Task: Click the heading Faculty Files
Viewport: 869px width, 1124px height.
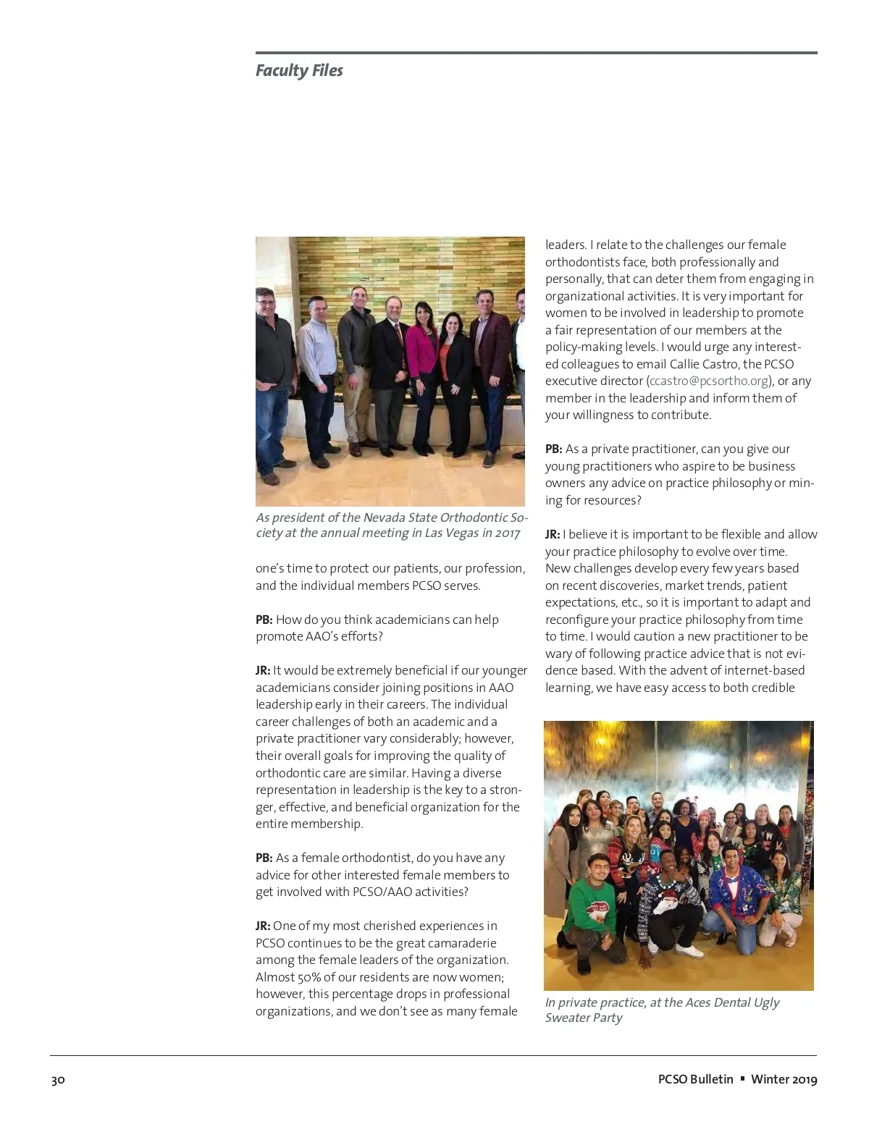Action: (299, 71)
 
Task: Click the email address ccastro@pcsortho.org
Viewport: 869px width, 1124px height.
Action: (709, 381)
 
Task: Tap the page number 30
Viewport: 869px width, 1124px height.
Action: (58, 1080)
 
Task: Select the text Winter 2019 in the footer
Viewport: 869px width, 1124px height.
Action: (784, 1080)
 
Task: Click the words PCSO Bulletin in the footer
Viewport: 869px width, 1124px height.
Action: (695, 1080)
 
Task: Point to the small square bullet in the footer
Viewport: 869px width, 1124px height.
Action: (742, 1079)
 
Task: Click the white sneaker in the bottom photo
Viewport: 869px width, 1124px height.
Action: (681, 952)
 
